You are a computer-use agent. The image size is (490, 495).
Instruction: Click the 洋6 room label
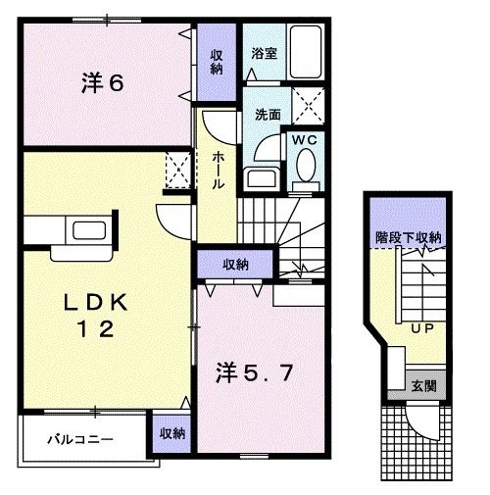point(102,84)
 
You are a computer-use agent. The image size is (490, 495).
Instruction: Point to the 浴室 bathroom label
point(264,54)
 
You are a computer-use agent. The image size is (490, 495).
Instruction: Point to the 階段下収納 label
point(409,238)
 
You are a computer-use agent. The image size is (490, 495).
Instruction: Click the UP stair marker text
point(422,327)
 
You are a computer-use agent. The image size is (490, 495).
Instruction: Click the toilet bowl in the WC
point(304,170)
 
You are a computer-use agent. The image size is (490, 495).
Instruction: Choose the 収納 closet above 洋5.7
point(234,264)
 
